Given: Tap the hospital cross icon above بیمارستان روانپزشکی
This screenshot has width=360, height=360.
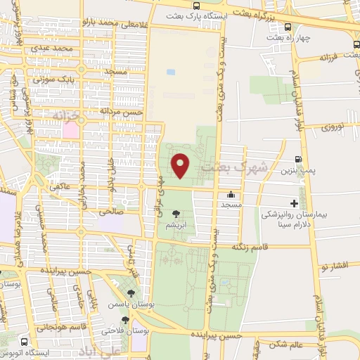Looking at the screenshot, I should pos(294,202).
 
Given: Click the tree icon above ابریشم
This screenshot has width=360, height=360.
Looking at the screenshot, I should pos(175,215).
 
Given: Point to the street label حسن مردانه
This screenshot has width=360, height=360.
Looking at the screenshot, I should pos(121,111).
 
